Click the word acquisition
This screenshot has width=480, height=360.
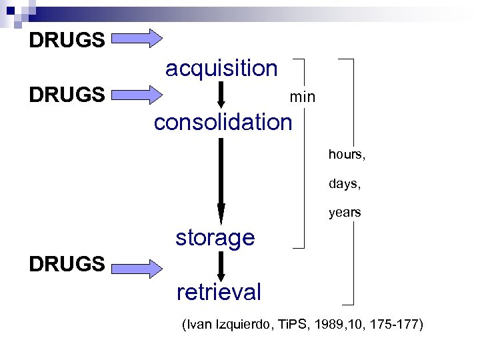click(221, 68)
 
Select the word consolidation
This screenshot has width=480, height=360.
click(223, 122)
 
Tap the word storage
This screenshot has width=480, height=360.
click(215, 237)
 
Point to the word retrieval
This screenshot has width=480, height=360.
click(219, 291)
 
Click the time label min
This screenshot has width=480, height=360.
click(302, 97)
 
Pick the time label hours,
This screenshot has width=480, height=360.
click(347, 155)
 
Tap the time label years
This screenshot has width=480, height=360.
click(344, 213)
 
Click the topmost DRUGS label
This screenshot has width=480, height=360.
click(67, 40)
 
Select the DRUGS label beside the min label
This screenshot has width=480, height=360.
click(67, 94)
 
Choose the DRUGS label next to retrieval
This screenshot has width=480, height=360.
click(67, 264)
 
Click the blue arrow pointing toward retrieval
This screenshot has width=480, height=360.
click(137, 268)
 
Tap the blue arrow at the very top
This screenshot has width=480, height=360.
click(137, 38)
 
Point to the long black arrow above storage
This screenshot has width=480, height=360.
click(221, 180)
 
